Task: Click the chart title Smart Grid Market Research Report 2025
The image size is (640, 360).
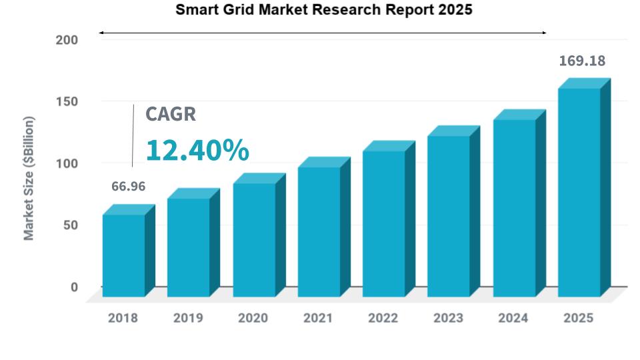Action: [x=323, y=10]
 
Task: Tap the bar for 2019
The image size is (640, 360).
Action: [x=189, y=247]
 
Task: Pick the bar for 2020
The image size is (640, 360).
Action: [x=254, y=239]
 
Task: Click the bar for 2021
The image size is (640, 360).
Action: [x=319, y=231]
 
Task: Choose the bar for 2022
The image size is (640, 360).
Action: [x=384, y=223]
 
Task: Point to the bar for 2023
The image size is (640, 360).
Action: [x=449, y=216]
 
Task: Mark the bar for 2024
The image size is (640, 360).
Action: [x=514, y=208]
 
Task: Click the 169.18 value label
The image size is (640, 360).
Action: [x=582, y=61]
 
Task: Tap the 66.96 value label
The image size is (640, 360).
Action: [x=128, y=186]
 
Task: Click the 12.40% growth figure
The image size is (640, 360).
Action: [x=197, y=150]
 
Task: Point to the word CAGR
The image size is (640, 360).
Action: [x=171, y=114]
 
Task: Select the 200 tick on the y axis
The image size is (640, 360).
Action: [x=66, y=40]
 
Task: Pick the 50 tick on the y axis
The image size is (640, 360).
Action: [x=70, y=225]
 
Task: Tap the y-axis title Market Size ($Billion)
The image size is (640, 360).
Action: [x=29, y=178]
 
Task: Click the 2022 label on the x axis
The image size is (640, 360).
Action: [x=383, y=318]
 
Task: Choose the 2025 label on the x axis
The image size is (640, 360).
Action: [x=578, y=318]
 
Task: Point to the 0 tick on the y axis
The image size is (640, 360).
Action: [x=74, y=287]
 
